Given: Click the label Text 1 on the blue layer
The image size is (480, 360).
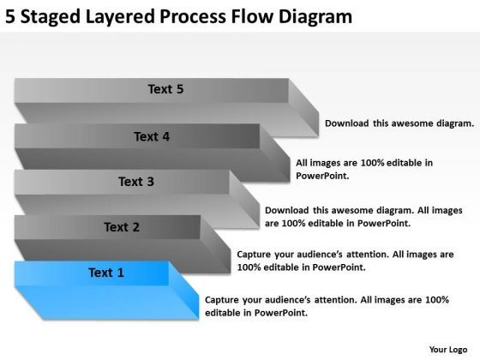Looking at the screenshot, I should (x=106, y=273).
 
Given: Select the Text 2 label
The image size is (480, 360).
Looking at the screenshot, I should (x=121, y=227).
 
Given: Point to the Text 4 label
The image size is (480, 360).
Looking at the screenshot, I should (x=151, y=135).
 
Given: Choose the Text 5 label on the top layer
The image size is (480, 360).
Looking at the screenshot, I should (x=165, y=88).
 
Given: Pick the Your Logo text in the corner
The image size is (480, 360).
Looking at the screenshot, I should (x=448, y=350).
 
